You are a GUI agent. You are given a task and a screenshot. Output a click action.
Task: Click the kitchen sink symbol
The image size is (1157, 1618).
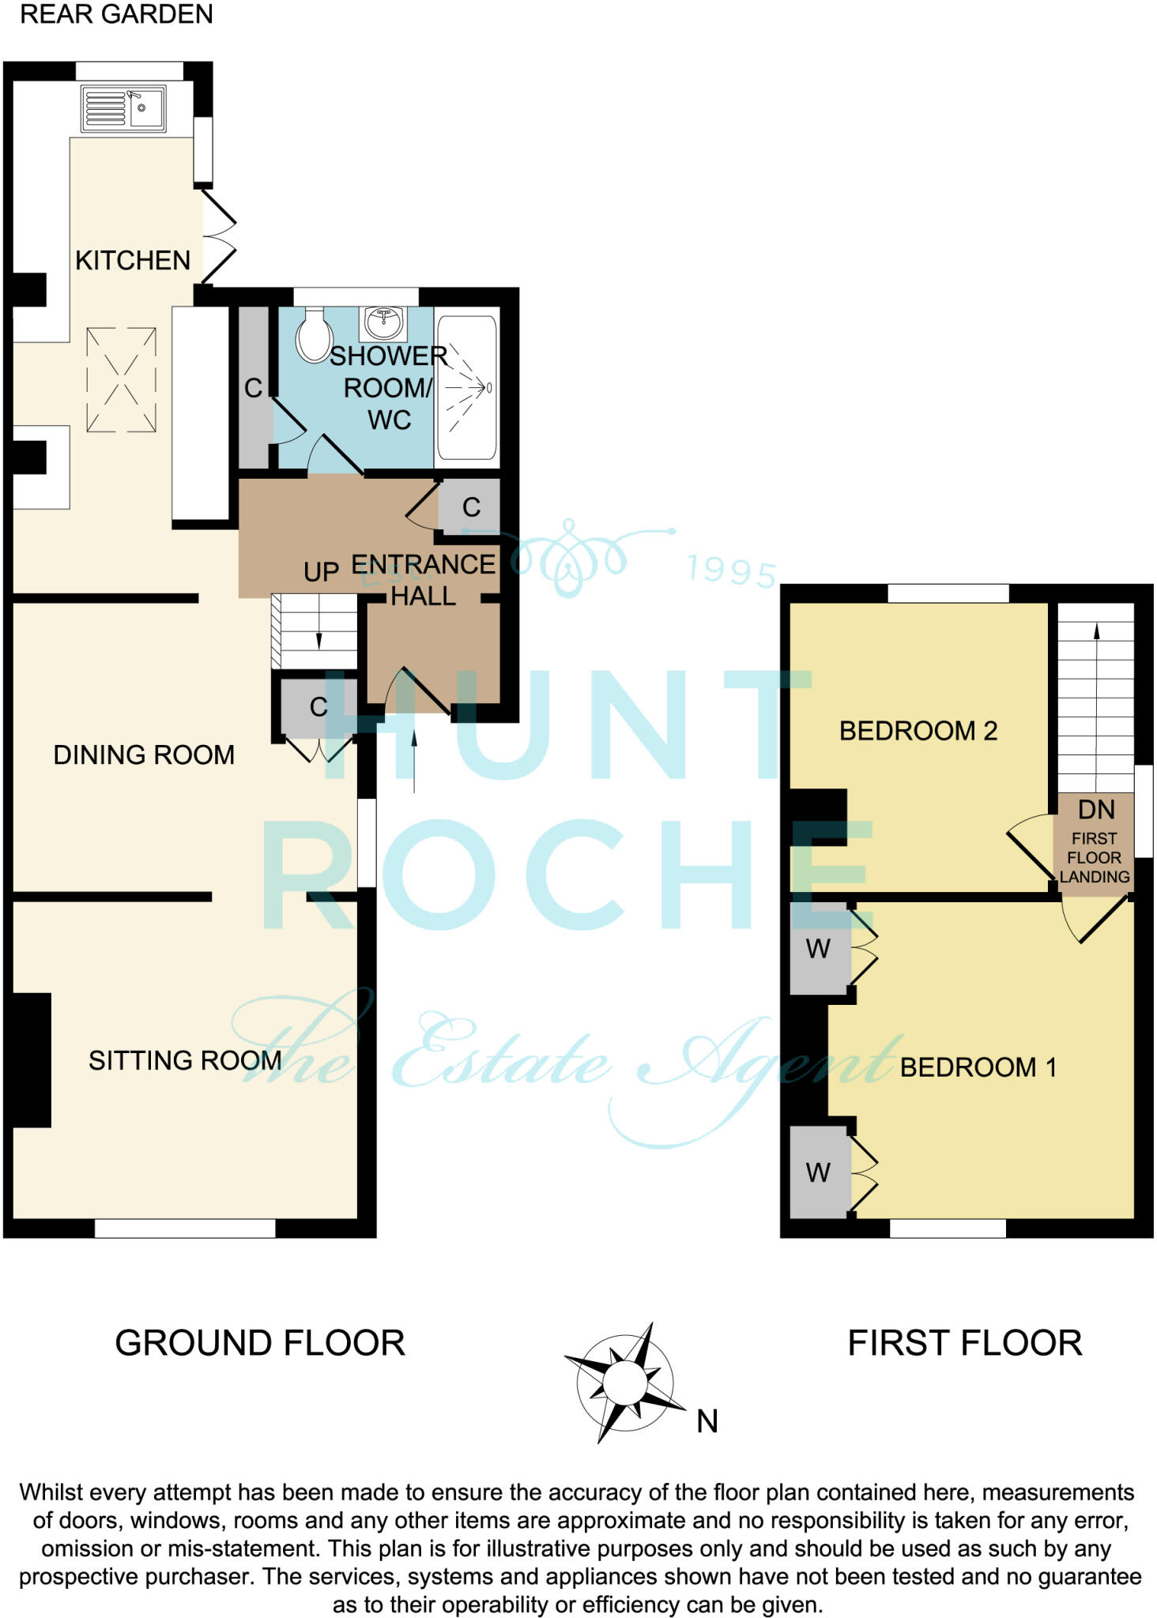point(123,108)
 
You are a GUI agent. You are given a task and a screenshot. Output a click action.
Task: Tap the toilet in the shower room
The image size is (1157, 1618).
point(313,336)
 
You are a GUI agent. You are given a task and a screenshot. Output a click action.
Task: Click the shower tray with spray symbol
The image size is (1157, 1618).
point(467,387)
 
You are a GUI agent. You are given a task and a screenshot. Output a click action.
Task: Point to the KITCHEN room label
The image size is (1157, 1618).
point(133,260)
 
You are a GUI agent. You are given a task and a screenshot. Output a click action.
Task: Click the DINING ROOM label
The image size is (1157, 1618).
point(144,754)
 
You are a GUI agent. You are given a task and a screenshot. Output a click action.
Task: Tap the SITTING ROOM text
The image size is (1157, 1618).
point(185,1060)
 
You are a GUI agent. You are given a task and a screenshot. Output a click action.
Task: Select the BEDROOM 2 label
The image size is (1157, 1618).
point(918,731)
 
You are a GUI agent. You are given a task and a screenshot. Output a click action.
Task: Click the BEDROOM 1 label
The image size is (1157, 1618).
point(978,1067)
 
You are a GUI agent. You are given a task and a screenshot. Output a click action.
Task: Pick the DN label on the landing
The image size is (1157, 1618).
point(1096,810)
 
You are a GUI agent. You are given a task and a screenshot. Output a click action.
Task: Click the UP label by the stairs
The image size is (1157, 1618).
point(321,572)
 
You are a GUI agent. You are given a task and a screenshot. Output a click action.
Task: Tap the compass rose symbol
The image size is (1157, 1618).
point(625,1383)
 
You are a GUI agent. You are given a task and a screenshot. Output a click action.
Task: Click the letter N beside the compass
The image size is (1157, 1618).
point(707,1422)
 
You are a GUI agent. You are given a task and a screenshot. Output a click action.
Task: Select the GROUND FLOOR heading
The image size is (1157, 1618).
point(260,1343)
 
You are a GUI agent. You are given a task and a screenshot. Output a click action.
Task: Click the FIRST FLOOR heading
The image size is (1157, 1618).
point(964,1343)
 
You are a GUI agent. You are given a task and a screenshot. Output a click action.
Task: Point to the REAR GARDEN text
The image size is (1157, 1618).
point(116,14)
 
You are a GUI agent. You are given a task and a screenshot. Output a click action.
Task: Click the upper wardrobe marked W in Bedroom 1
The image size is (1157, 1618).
point(819,948)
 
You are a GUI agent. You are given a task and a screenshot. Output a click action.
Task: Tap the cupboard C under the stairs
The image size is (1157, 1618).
point(318,706)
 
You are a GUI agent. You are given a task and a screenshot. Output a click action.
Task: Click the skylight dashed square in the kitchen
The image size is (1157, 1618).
point(121,380)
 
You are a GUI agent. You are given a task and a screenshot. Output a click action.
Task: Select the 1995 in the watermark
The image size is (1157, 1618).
point(731,570)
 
